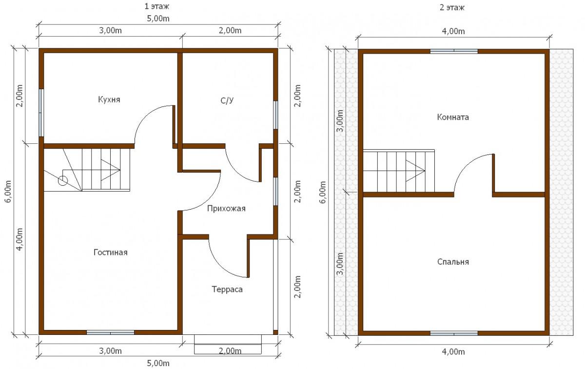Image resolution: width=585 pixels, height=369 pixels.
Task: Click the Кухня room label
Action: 109,99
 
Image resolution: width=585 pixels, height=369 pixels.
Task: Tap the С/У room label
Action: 227,100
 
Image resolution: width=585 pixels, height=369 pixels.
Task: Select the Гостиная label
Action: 111,252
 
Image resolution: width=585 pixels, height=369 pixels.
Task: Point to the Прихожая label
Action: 226,209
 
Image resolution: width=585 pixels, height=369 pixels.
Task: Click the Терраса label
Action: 227,290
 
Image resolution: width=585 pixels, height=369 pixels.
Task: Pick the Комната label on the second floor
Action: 453,117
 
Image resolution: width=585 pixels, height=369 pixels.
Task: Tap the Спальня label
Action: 453,262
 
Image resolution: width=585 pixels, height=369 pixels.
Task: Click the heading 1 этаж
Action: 156,6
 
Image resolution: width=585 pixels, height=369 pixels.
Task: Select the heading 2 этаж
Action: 452,7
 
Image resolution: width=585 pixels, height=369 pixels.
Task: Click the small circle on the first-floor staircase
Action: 63,180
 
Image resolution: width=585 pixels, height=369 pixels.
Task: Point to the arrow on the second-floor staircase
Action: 415,171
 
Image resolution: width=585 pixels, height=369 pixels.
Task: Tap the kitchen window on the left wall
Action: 41,113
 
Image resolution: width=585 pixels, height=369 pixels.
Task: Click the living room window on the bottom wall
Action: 110,333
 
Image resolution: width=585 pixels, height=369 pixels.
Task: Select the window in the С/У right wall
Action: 275,115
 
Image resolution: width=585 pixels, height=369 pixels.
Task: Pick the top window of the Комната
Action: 454,51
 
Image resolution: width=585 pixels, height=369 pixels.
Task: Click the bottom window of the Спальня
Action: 454,333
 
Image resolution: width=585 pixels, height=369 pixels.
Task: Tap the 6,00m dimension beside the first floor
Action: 8,191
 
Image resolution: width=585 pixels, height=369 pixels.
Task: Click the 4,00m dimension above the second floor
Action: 453,31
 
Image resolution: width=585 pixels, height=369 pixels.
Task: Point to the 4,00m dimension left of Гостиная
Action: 20,239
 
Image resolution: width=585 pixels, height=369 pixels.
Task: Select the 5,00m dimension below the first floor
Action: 158,363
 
